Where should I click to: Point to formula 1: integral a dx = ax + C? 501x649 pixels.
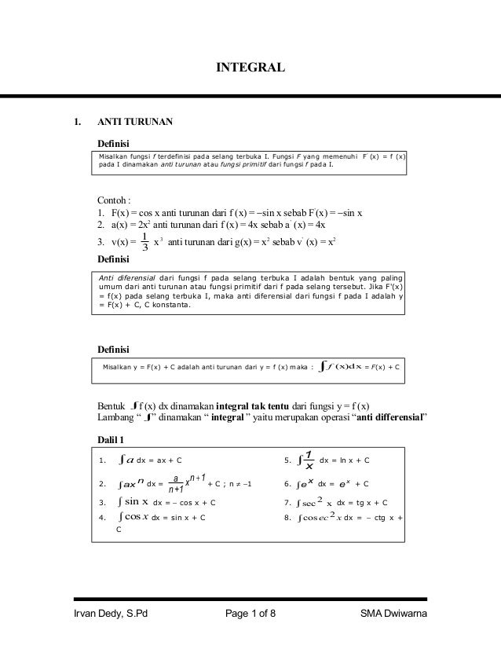point(149,460)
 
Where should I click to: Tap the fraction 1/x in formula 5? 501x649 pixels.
point(309,460)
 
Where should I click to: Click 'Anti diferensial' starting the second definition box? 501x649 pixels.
point(123,277)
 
